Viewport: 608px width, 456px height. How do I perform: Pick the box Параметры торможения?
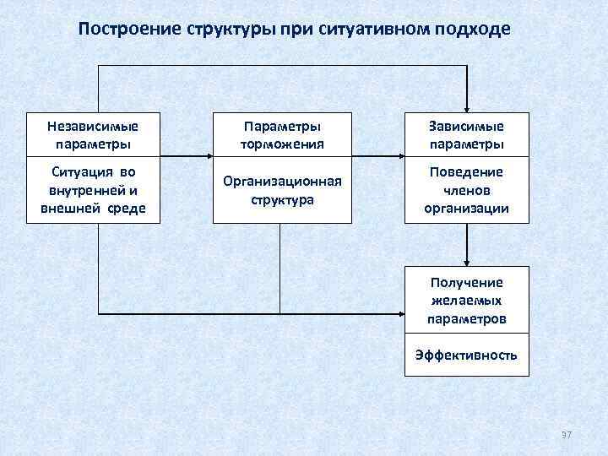click(x=282, y=135)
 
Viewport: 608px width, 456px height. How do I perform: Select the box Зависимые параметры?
click(x=466, y=135)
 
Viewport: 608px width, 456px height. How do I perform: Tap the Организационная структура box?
click(x=282, y=190)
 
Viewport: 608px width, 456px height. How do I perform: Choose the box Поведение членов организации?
click(x=466, y=190)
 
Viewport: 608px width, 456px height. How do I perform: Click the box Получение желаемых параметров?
click(x=466, y=301)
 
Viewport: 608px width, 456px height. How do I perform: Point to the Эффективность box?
click(x=466, y=355)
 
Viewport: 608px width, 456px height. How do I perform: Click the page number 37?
click(x=566, y=434)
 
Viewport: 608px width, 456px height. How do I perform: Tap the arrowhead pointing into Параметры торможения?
click(x=208, y=156)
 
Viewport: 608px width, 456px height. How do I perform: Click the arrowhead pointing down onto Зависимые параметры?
click(x=466, y=106)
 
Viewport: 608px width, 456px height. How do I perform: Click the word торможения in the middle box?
click(x=282, y=144)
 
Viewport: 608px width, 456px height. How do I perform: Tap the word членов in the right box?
click(x=466, y=190)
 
